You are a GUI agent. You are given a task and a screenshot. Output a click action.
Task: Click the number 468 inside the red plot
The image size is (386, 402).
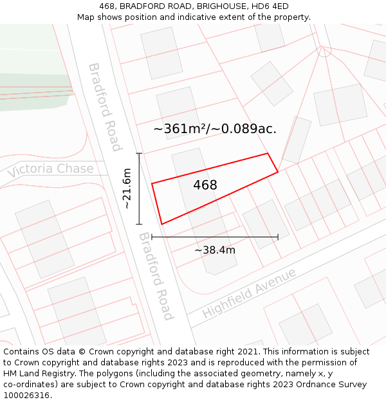[x=205, y=185]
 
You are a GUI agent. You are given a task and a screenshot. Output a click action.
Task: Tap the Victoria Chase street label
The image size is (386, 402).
[x=50, y=170]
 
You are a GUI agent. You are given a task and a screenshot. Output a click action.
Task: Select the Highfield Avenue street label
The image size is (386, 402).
[x=249, y=293]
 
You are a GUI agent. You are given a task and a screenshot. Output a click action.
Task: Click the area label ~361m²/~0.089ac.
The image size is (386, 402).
[x=215, y=129]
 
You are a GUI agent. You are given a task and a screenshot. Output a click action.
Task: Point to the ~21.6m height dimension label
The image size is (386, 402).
[x=127, y=188]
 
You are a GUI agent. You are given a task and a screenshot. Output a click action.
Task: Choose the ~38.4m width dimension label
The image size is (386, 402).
[x=215, y=250]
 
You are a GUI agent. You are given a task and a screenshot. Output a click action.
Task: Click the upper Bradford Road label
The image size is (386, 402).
[x=104, y=107]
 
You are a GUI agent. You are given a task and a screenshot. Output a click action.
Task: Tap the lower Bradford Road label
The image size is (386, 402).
[x=156, y=276]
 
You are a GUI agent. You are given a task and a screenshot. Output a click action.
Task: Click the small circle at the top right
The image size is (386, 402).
[x=324, y=50]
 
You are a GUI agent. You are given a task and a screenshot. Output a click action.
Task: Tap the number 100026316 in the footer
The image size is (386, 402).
[x=26, y=396]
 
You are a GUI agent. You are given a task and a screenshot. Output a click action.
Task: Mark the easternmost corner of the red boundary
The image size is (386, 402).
[x=278, y=172]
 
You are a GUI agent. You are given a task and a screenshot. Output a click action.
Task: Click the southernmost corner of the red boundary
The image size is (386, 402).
[x=161, y=224]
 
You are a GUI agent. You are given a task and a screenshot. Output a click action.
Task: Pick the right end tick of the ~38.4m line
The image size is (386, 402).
[x=278, y=237]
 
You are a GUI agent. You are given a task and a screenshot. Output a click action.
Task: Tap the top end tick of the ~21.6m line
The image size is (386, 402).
[x=139, y=153]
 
